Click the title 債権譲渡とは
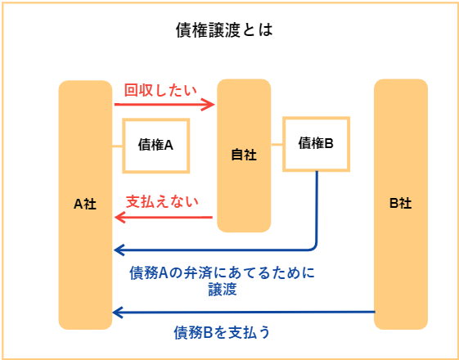coord(224,31)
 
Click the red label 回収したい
coord(160,91)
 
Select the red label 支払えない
coord(162,202)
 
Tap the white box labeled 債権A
coord(156,146)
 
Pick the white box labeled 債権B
coord(316,144)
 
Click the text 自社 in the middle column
coord(244,155)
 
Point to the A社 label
coord(85,205)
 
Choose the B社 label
coord(401,204)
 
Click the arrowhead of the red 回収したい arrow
coord(210,104)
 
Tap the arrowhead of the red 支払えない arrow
coord(119,218)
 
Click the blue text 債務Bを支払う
coord(222,333)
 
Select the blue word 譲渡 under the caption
coord(223,290)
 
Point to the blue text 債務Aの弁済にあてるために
coord(223,273)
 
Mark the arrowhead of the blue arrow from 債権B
coord(119,250)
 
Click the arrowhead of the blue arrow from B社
coord(119,313)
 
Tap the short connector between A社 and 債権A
coord(117,146)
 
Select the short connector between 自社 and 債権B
coord(277,144)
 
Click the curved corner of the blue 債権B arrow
coord(314,247)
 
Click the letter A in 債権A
coord(169,146)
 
